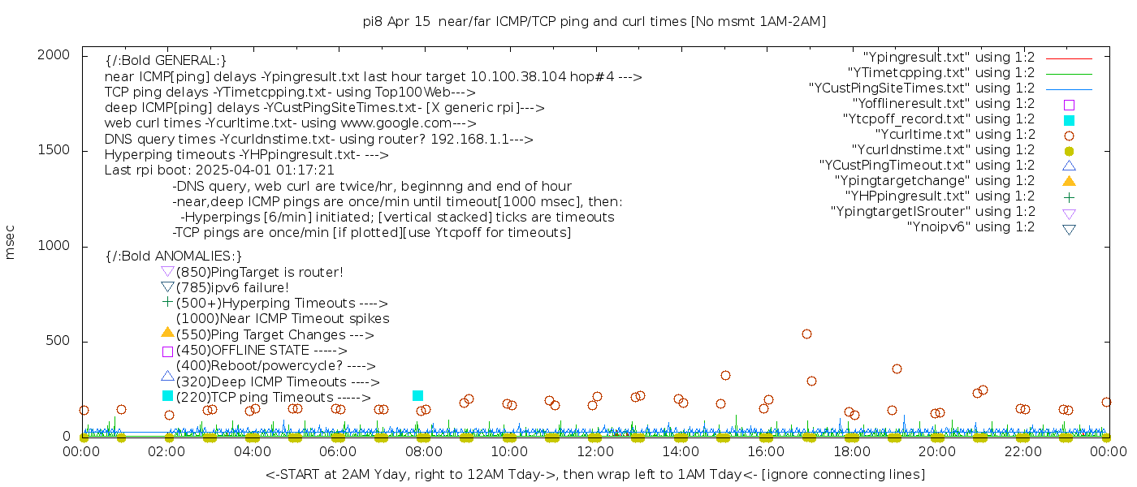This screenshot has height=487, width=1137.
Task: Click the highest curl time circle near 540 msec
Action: [x=806, y=334]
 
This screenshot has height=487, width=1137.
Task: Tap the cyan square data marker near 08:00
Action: [x=417, y=395]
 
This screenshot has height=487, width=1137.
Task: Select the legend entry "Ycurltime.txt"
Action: [x=954, y=134]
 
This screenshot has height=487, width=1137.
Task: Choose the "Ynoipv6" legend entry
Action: [x=971, y=226]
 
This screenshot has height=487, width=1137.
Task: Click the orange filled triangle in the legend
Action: [x=1069, y=180]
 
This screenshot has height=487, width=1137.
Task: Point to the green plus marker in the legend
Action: [x=1069, y=196]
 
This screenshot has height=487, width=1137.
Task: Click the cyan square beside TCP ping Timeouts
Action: [x=167, y=395]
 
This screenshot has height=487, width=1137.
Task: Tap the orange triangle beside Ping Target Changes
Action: [x=167, y=332]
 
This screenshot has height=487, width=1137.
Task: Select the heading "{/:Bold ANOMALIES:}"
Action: [x=174, y=256]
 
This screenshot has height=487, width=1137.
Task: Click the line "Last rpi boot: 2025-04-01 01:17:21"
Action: [x=219, y=170]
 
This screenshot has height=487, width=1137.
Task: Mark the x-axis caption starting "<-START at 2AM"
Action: [x=594, y=474]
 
